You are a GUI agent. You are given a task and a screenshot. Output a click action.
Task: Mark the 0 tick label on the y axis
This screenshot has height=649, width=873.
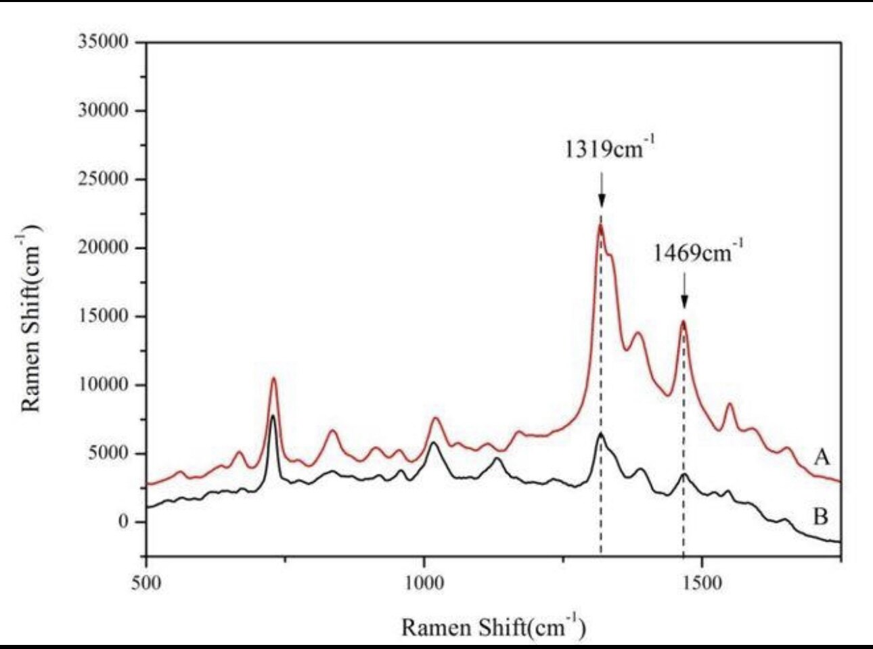coord(122,522)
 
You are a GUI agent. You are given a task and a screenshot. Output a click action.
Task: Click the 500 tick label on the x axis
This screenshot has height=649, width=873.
coord(146,583)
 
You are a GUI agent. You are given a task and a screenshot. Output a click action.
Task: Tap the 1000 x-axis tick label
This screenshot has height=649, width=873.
coord(424,583)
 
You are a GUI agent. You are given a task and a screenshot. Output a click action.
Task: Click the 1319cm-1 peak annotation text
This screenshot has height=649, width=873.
coord(610,148)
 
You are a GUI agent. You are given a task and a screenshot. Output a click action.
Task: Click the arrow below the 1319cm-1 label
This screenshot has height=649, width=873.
coord(601,189)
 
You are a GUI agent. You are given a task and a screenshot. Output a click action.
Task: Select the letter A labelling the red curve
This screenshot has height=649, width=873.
coord(822,457)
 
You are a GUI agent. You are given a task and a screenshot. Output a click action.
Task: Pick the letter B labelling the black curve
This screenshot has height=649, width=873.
coord(820,517)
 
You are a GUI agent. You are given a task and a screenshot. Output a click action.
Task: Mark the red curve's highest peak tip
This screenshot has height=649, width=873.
coord(600,225)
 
